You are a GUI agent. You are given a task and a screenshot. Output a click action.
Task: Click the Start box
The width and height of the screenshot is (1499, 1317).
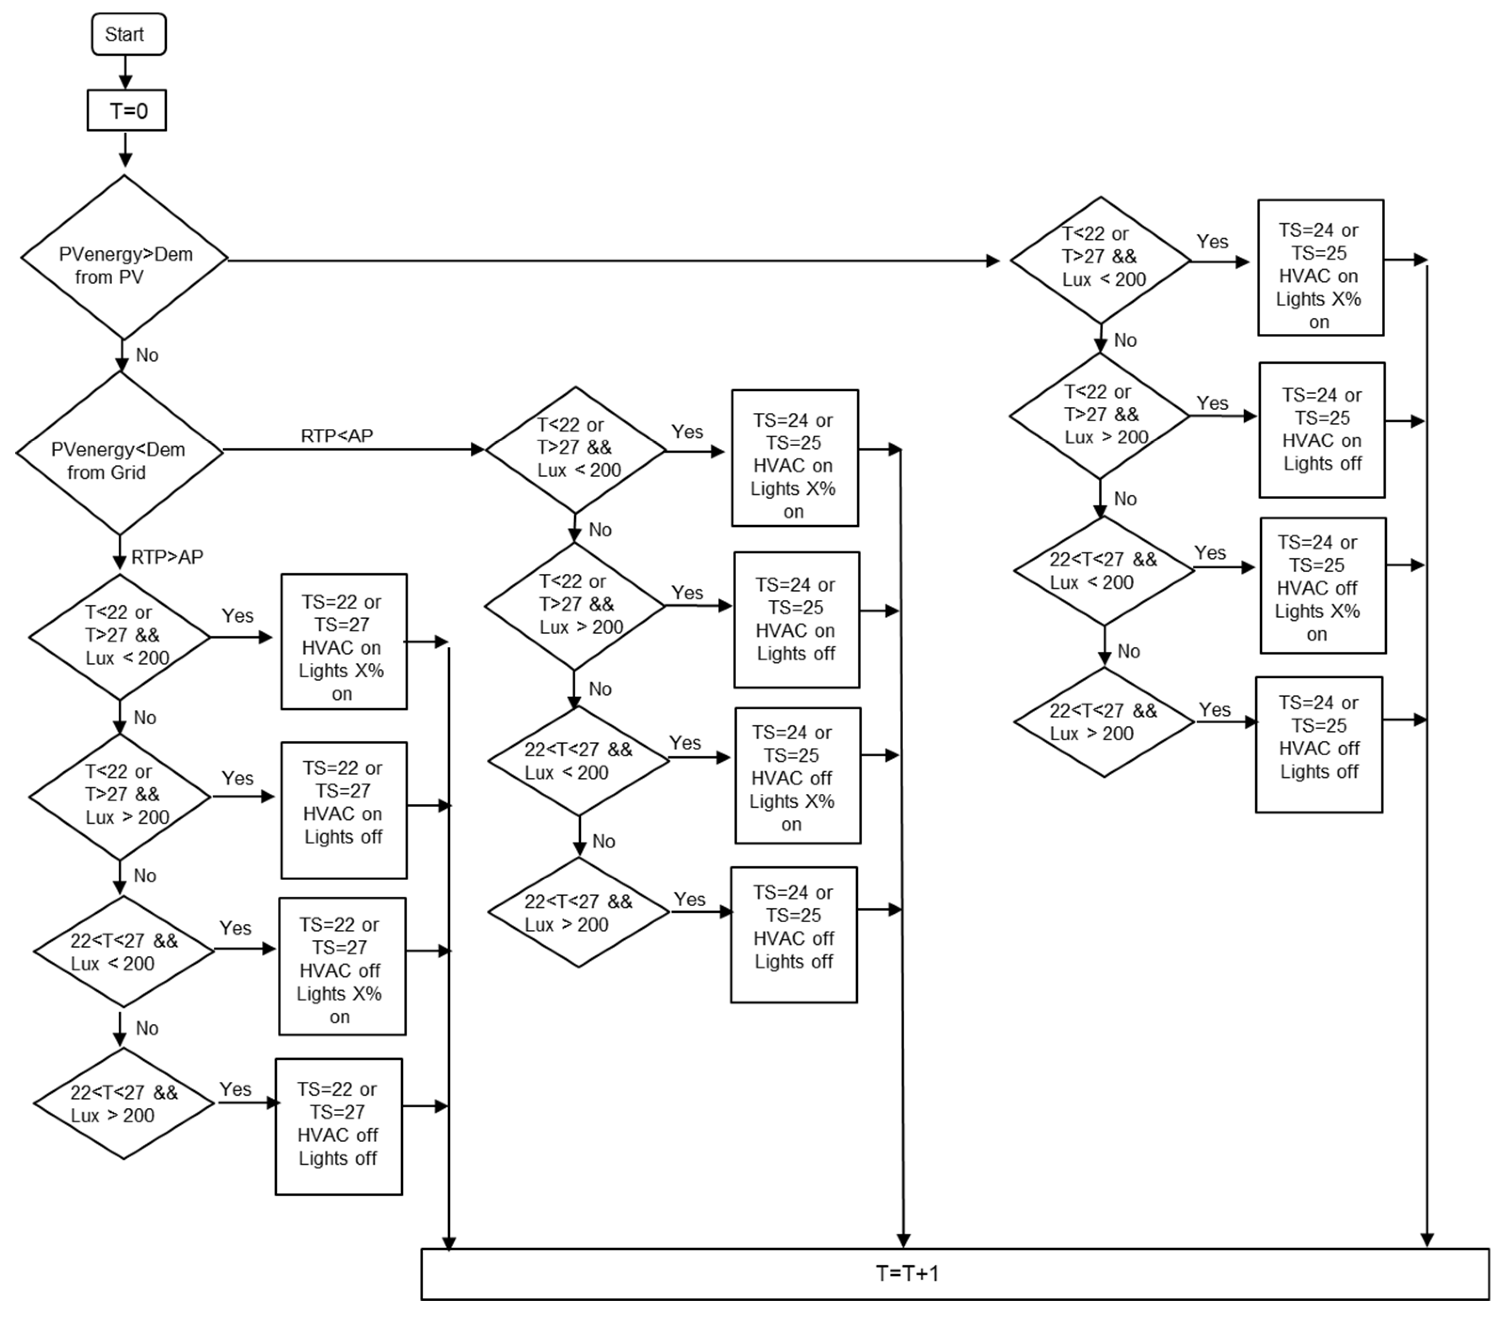point(128,34)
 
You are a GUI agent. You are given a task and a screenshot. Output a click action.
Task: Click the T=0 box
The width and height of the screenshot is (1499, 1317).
point(127,111)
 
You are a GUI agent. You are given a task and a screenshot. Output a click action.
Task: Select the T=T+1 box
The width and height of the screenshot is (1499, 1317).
point(953,1273)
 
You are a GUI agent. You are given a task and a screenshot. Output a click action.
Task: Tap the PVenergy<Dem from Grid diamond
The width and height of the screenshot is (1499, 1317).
point(119,453)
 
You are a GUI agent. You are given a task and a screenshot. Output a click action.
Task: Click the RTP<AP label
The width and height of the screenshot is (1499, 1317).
point(337,436)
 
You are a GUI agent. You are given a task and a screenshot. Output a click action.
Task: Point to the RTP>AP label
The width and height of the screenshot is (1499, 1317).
point(167,557)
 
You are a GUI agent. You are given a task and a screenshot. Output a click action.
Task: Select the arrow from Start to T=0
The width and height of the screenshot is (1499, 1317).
point(125,72)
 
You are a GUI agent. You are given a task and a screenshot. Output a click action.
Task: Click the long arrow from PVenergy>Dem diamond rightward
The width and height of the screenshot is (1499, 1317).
point(609,260)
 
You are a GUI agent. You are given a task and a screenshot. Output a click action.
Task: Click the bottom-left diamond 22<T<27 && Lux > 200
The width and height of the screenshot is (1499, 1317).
point(124,1104)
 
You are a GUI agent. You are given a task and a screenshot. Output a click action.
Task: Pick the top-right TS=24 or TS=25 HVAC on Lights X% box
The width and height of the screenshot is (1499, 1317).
point(1320,268)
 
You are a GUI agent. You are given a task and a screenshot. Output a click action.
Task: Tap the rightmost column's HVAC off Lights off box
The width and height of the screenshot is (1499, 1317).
point(1319,745)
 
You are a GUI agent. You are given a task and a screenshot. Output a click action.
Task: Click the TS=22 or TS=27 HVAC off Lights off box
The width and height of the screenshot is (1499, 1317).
point(338,1126)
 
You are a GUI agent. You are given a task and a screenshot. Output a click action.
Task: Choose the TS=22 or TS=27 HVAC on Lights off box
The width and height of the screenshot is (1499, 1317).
point(343,810)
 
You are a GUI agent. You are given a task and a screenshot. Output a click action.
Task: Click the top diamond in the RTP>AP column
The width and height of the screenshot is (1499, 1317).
point(119,637)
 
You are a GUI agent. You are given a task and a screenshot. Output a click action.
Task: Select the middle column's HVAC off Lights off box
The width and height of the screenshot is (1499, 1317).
point(793,934)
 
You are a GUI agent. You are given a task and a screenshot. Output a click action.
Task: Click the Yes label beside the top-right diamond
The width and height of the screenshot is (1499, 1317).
point(1212,242)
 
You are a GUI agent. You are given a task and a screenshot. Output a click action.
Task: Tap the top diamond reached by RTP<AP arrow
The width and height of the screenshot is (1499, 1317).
point(576,450)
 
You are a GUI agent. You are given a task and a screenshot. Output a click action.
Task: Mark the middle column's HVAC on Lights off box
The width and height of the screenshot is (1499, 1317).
point(796,619)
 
